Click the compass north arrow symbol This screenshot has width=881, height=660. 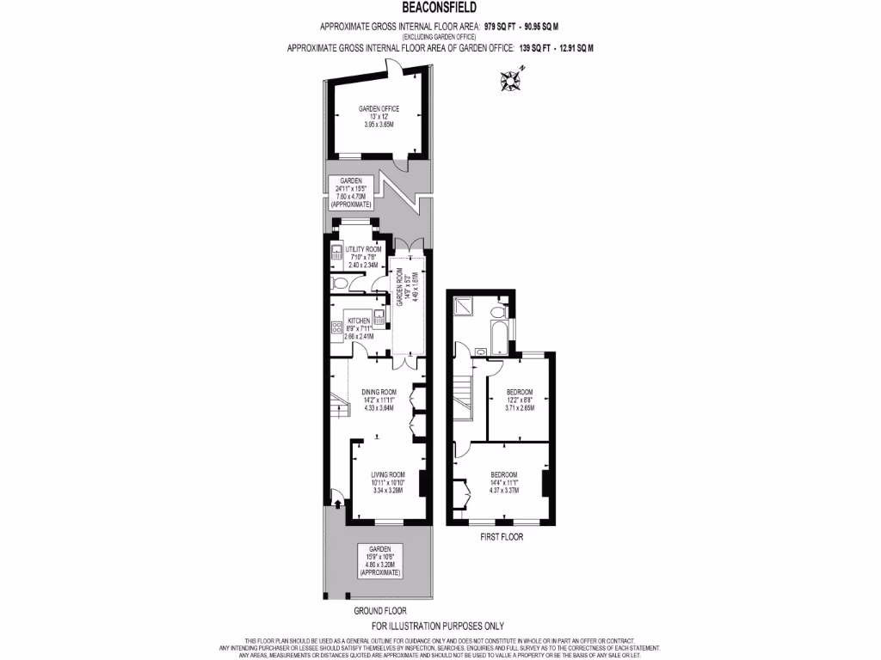511,81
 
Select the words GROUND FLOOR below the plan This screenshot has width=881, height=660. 379,610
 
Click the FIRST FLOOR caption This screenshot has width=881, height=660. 500,537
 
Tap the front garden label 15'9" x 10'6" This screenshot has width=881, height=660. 380,560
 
